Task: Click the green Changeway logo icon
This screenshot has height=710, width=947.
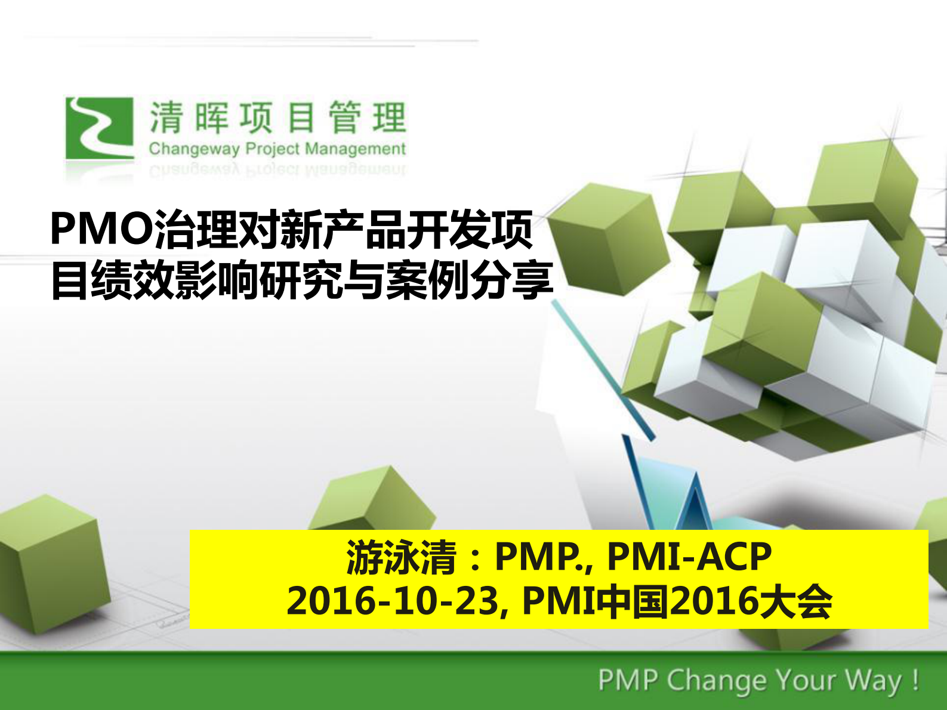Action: tap(99, 128)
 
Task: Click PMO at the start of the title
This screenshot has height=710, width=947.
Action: tap(101, 230)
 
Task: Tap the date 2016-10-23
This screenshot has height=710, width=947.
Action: tap(393, 601)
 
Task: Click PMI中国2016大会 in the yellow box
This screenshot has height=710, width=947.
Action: tap(677, 601)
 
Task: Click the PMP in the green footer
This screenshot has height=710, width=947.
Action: tap(628, 681)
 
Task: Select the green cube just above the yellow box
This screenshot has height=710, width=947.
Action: tap(373, 501)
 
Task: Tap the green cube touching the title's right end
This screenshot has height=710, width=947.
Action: tap(603, 239)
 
